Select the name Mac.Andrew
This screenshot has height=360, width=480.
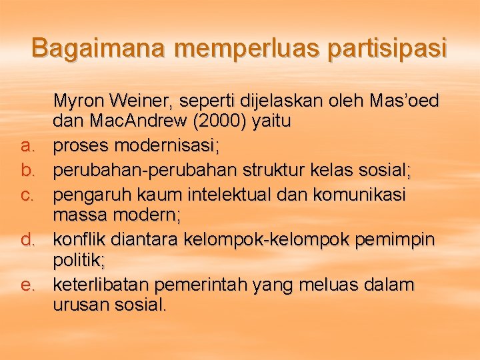click(121, 122)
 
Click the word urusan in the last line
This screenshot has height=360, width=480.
click(80, 305)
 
